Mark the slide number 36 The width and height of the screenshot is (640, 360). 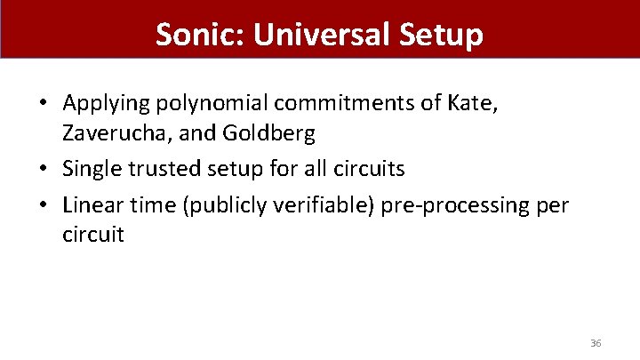pyautogui.click(x=596, y=342)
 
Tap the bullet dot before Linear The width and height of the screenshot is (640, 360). pyautogui.click(x=44, y=206)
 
